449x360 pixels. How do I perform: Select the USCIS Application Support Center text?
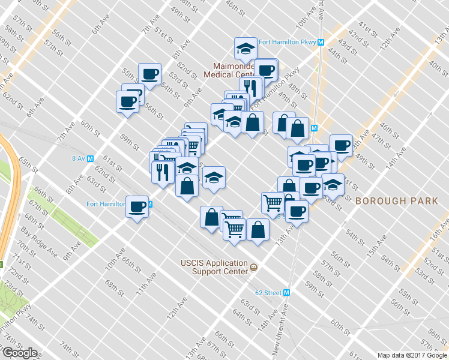(x=214, y=267)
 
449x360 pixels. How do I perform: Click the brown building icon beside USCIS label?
(x=254, y=267)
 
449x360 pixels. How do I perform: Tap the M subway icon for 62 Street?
(x=287, y=293)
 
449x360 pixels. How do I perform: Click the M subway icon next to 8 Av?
(x=91, y=158)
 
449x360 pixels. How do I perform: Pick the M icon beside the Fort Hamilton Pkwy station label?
(x=321, y=43)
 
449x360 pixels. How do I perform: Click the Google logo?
(x=19, y=353)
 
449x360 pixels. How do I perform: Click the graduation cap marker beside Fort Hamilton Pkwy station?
(x=246, y=47)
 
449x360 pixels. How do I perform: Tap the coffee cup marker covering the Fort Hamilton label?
(x=137, y=207)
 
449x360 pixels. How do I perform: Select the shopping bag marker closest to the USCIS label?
(x=258, y=229)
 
